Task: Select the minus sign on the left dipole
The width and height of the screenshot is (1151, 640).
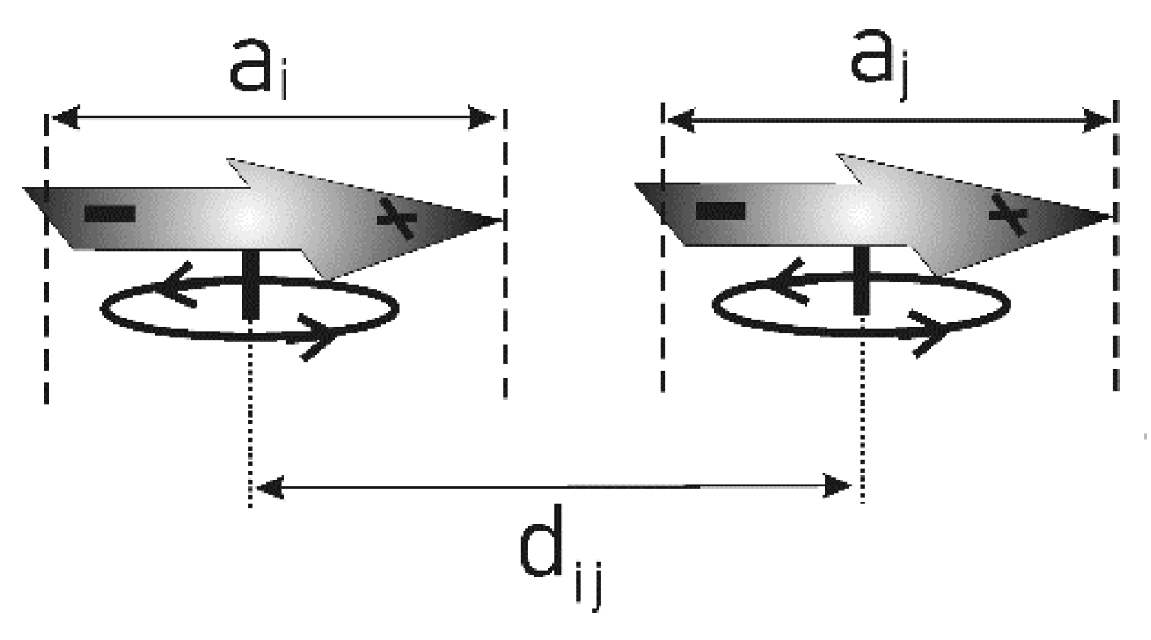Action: [109, 215]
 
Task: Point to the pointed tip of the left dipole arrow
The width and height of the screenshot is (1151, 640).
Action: [496, 220]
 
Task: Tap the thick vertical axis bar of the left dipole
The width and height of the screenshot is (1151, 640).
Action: [248, 284]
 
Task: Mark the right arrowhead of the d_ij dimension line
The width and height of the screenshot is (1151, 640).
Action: [839, 486]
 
